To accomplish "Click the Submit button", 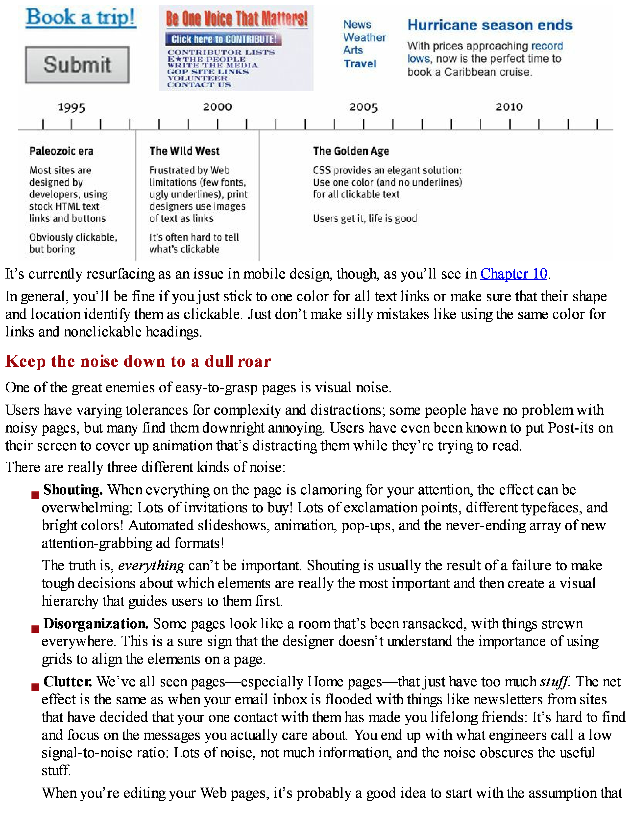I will (x=77, y=65).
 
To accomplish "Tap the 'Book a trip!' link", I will (x=81, y=17).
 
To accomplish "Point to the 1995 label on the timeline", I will (x=72, y=108).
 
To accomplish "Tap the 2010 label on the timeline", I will (x=509, y=107).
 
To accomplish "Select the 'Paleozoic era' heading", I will (x=61, y=151).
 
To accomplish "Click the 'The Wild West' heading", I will (x=184, y=151).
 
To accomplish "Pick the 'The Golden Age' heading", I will (x=351, y=151).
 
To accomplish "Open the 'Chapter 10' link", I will (x=514, y=274).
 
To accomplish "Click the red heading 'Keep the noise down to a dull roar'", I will (x=138, y=361).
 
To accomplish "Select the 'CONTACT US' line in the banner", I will (x=199, y=85).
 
